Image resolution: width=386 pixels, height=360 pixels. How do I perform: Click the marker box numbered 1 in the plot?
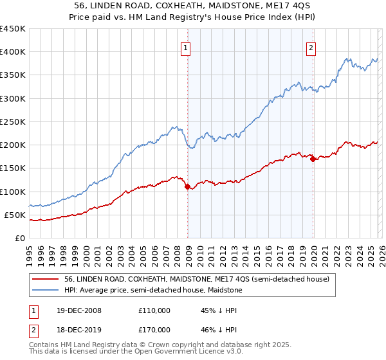tap(185, 47)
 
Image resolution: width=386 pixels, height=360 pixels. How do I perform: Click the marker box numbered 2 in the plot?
tap(311, 47)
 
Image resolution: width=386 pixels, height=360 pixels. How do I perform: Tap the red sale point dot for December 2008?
tap(188, 187)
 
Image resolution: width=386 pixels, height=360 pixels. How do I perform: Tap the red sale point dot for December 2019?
tap(313, 159)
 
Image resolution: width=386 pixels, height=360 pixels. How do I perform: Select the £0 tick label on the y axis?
tap(19, 238)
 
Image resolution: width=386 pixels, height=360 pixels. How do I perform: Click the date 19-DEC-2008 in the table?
tap(87, 310)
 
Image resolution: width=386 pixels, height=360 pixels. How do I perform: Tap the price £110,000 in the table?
tap(154, 310)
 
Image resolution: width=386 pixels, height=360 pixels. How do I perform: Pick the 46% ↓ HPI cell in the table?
tap(218, 330)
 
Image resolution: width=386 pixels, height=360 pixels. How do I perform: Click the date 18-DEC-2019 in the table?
tap(87, 330)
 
